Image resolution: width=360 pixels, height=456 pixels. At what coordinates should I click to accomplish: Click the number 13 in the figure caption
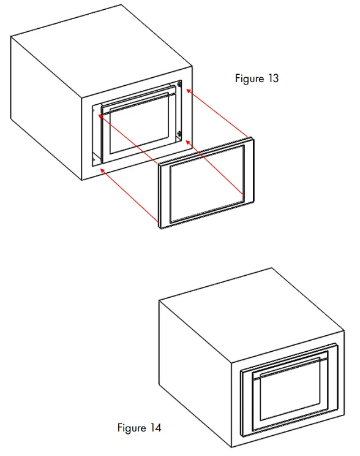[272, 78]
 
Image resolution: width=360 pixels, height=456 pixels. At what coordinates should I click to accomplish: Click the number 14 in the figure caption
[155, 427]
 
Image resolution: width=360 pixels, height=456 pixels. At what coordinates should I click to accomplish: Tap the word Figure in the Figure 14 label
[132, 427]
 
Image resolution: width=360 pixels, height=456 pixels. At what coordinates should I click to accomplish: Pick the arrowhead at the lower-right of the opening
[187, 142]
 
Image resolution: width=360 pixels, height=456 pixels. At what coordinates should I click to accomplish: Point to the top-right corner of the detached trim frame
[252, 139]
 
